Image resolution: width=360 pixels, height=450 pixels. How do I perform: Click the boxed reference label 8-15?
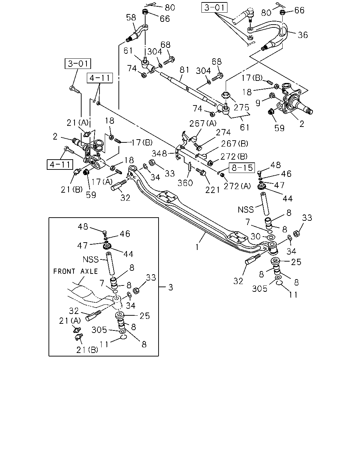242,168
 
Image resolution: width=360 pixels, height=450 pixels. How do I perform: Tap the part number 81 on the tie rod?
185,70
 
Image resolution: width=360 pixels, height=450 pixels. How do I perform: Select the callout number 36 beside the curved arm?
303,35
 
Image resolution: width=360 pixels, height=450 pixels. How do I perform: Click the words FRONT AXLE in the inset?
76,271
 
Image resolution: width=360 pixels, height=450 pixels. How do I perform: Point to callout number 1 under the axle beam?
197,247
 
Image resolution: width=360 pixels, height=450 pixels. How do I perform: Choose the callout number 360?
185,183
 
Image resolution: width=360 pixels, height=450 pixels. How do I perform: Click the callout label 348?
159,154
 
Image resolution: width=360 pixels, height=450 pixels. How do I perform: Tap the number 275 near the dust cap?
242,108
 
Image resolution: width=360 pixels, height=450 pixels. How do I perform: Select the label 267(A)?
203,123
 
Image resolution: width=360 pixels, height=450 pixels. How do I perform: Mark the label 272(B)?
234,156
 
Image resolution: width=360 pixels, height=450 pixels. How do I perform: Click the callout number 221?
213,190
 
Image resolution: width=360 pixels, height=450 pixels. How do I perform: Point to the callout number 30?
256,237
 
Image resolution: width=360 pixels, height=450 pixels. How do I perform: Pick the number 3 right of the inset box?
171,287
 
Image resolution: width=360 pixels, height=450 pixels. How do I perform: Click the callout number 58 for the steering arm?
131,18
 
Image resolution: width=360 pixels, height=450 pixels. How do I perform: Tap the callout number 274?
223,133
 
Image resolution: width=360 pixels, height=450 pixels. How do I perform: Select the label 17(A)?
102,182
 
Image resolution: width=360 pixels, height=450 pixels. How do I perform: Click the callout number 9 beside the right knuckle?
258,103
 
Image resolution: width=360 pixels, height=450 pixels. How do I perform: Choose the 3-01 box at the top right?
214,7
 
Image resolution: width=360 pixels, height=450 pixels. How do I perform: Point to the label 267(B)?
234,144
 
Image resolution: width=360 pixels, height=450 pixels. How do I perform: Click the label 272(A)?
237,186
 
